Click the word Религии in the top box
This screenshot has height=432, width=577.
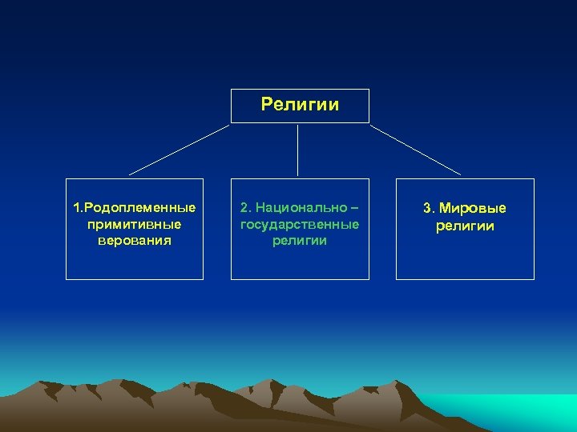point(300,105)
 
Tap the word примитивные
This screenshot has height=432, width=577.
point(135,224)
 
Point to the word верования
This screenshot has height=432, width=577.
point(135,240)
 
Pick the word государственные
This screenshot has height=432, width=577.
point(300,224)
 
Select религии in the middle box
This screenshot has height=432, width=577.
point(300,240)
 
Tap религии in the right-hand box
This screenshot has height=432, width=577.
point(465,226)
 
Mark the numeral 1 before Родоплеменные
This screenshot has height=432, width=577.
point(76,208)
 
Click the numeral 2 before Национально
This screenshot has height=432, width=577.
point(244,208)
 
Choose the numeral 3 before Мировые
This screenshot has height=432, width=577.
point(428,209)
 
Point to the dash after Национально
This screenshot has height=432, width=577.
point(353,208)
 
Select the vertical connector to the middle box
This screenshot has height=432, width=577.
point(298,150)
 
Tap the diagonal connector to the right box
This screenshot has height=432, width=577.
point(415,149)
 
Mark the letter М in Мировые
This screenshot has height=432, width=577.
point(444,209)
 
